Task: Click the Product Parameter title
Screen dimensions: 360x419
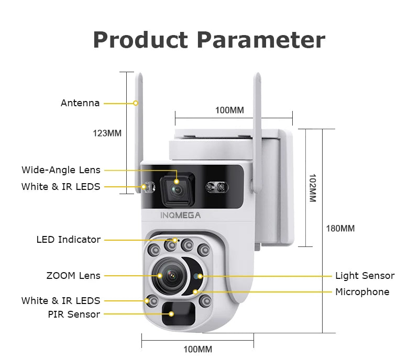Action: (209, 40)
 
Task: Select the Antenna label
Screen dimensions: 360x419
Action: (80, 103)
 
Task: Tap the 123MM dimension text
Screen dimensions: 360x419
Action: (107, 133)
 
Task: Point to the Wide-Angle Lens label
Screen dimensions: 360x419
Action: (61, 170)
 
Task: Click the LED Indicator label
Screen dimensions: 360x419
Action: (69, 240)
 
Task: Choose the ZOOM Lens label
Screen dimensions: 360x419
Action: (73, 275)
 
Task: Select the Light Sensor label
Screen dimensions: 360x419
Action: (365, 276)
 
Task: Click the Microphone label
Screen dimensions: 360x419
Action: (362, 292)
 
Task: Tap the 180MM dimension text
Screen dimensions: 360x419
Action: (340, 228)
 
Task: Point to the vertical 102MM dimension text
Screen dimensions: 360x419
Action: (312, 188)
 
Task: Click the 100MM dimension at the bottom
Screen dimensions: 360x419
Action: (197, 349)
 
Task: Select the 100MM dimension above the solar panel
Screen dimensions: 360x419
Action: (229, 110)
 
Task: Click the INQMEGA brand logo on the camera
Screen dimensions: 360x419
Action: (180, 214)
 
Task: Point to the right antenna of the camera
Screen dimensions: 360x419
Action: (258, 131)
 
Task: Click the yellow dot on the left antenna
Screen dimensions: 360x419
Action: (136, 103)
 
